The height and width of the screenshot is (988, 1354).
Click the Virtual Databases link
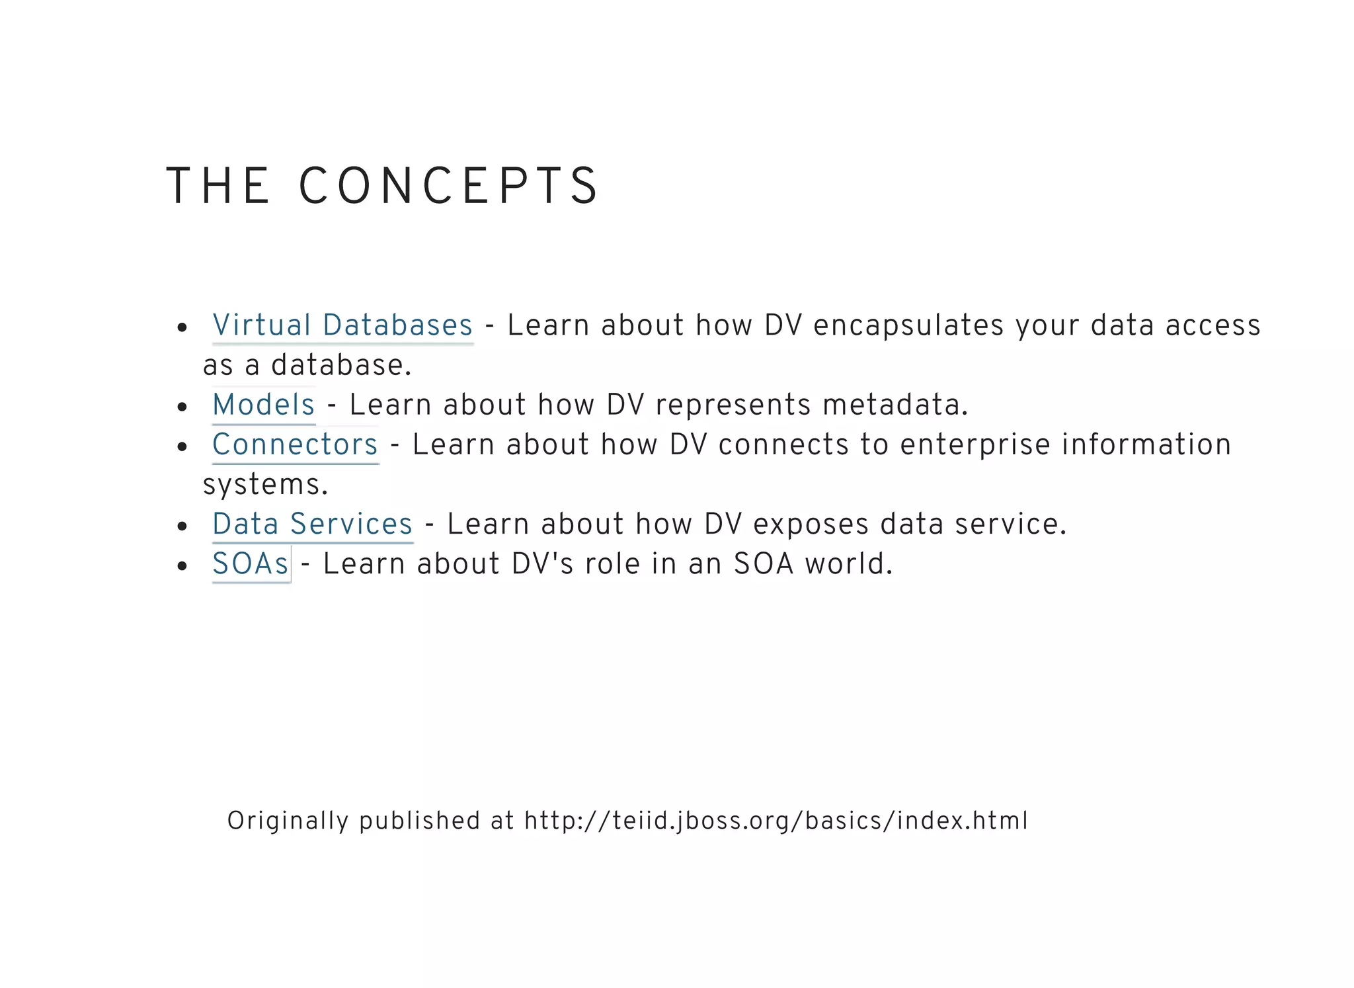[342, 325]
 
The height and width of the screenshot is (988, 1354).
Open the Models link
[263, 405]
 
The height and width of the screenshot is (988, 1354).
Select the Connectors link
[295, 444]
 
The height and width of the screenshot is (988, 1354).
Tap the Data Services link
[312, 524]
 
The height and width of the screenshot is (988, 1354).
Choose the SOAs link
[251, 564]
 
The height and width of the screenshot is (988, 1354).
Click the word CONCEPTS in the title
[449, 186]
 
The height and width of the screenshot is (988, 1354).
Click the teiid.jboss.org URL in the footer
[776, 821]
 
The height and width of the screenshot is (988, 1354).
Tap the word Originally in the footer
[288, 821]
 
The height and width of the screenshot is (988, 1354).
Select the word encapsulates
[908, 325]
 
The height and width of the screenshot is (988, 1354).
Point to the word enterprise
[975, 444]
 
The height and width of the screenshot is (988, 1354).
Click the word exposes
[811, 524]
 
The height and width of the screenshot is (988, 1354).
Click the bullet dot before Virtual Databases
[182, 327]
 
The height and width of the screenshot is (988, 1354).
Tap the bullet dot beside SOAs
[182, 566]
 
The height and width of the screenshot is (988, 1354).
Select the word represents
[733, 405]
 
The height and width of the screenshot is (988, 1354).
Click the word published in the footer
[419, 821]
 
